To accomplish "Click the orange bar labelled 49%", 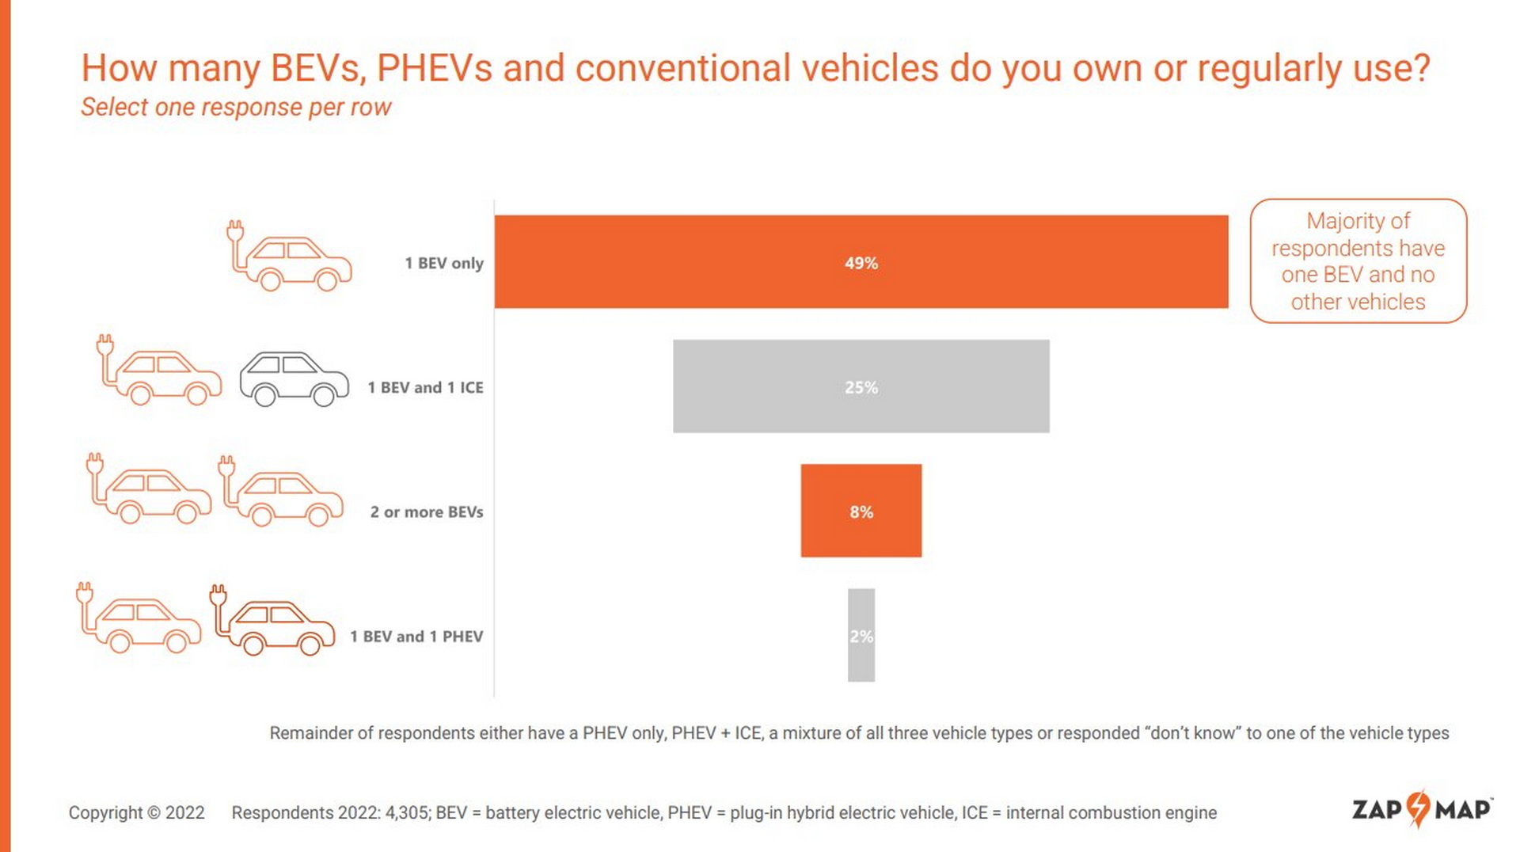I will [861, 261].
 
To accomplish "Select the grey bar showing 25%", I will [861, 386].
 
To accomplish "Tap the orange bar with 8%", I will [861, 511].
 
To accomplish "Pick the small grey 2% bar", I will [861, 635].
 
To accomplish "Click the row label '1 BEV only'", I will [443, 263].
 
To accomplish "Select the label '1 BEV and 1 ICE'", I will [425, 387].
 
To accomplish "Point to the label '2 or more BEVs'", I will [426, 512].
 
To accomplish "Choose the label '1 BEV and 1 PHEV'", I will [416, 636].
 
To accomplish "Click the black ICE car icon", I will [294, 379].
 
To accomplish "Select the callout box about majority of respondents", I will [1358, 261].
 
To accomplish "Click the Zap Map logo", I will [1421, 809].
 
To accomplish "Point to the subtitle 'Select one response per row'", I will [236, 107].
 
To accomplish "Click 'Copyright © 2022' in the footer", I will [136, 812].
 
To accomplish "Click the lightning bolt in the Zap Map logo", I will [1419, 808].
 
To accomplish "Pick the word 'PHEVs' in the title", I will [434, 67].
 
